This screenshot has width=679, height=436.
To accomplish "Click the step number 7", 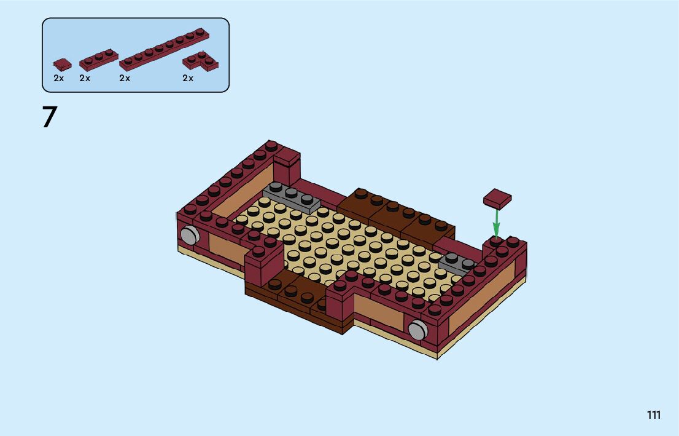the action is (50, 117).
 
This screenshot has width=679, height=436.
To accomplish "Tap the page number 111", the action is (654, 414).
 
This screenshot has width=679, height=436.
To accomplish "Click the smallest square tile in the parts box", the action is (63, 65).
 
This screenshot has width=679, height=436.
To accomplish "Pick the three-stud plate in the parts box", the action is (99, 60).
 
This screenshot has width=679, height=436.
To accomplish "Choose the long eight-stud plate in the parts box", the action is (164, 49).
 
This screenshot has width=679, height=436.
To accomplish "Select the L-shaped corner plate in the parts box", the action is (201, 61).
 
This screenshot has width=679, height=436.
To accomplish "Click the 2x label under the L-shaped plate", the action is (188, 78).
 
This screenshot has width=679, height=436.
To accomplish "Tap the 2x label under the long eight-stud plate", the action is (125, 78).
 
